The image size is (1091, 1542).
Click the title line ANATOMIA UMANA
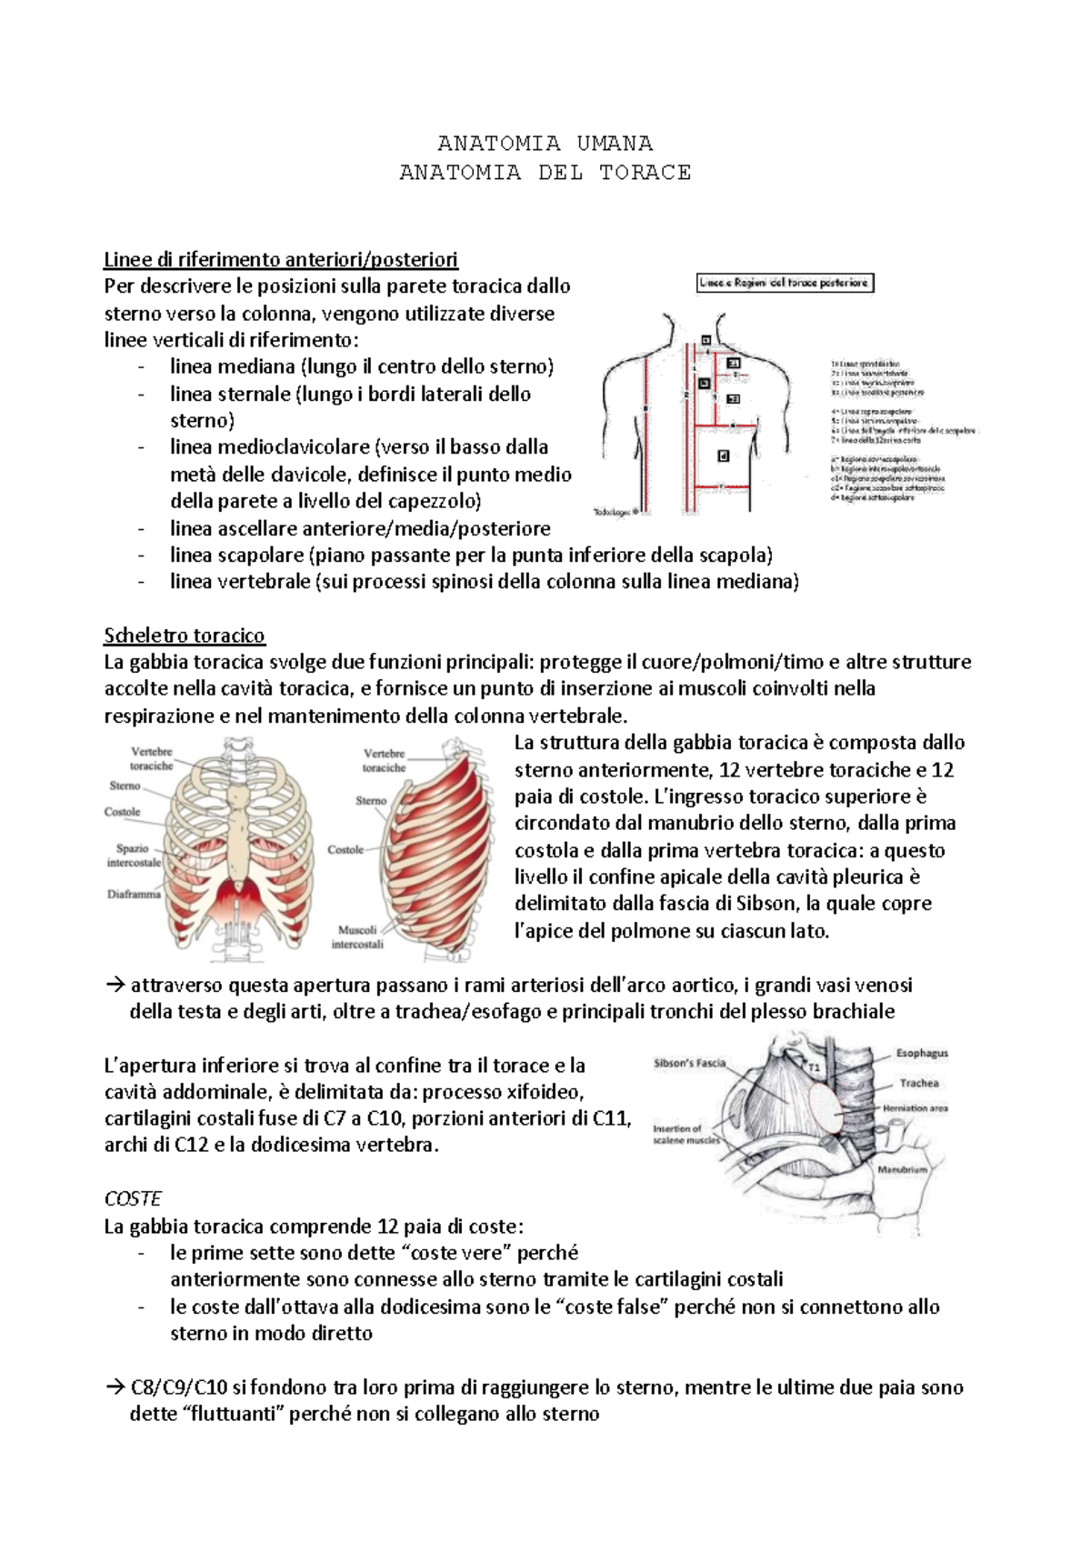(545, 143)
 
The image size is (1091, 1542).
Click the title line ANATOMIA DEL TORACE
(545, 172)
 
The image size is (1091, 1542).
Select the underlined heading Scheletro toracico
(185, 635)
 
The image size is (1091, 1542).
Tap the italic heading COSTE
(133, 1198)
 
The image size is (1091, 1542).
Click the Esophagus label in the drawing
(922, 1053)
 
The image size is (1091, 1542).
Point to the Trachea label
(919, 1083)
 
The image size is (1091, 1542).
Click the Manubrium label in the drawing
(902, 1169)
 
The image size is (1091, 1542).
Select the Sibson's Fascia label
(689, 1062)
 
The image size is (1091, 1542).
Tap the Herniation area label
(915, 1108)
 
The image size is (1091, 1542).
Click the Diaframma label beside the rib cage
(134, 894)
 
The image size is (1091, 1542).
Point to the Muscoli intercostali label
(357, 936)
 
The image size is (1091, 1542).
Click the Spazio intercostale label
(134, 855)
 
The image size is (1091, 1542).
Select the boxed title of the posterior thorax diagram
(785, 283)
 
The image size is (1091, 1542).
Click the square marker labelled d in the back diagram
(724, 456)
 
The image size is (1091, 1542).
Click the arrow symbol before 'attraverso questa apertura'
(115, 985)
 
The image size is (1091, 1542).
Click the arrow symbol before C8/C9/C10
(115, 1387)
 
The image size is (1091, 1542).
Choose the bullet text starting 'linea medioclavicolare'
(359, 447)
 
